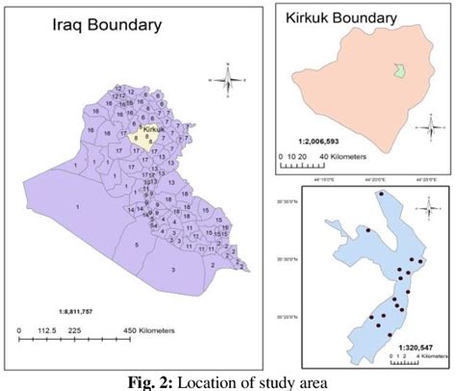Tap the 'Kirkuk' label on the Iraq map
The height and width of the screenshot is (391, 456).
click(x=153, y=128)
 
